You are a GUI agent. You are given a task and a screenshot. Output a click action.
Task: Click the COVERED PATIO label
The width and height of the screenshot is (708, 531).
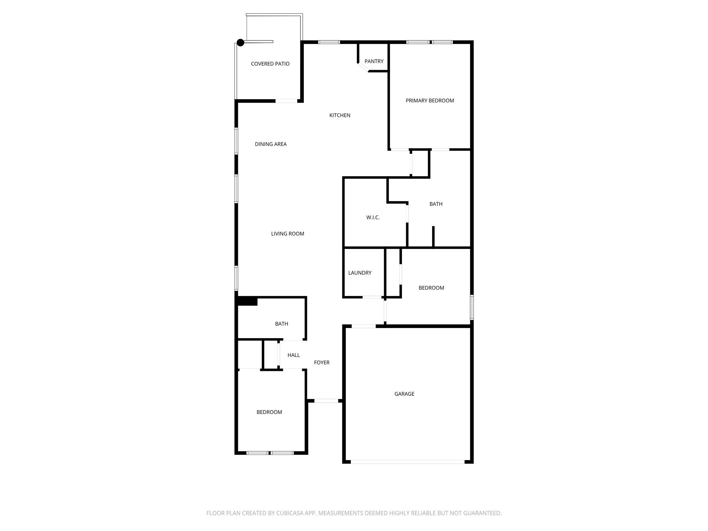270,64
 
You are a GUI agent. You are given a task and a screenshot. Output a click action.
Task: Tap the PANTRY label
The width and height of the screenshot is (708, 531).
374,62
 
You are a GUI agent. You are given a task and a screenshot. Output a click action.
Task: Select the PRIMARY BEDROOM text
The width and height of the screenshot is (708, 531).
430,101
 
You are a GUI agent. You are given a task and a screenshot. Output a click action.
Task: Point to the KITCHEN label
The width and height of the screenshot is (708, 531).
339,115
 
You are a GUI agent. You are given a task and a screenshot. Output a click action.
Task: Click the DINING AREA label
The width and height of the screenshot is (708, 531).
271,144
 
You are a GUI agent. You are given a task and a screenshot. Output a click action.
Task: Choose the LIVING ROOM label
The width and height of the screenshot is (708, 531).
287,234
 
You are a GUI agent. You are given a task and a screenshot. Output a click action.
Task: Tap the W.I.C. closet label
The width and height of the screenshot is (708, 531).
373,217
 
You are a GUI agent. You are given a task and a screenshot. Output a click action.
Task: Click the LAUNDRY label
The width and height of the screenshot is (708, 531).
360,273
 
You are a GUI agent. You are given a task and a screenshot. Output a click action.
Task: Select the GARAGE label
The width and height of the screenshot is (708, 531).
404,394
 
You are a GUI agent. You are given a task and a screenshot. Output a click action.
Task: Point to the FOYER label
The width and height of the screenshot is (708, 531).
322,363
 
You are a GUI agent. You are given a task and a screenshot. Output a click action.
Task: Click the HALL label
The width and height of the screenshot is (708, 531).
294,355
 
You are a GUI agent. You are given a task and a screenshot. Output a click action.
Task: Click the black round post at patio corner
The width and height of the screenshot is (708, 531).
240,43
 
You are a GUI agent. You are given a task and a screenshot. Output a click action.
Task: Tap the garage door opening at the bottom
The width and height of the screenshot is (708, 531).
407,462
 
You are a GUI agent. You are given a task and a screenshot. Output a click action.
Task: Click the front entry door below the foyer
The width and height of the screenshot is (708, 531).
326,401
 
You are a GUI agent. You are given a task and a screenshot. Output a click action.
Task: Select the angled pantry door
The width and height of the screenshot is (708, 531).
363,67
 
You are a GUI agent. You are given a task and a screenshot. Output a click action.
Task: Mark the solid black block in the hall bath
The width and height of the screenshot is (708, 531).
248,301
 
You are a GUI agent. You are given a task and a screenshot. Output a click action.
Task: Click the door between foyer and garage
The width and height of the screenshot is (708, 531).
363,326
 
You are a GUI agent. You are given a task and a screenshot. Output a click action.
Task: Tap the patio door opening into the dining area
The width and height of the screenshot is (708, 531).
286,101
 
